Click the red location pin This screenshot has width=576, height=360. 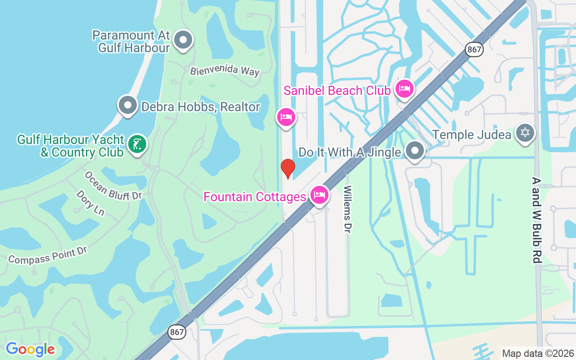pos(288,168)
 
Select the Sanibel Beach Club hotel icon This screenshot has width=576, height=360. pos(404,89)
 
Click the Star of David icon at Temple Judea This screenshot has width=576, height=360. pos(525,133)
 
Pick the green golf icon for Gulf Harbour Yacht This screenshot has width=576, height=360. pos(137,144)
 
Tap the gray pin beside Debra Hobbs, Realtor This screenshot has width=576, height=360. pos(128,105)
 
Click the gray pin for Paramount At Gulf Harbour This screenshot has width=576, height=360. pos(183,40)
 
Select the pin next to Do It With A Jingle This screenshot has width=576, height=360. pos(414,151)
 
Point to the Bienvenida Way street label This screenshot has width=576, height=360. pos(225,71)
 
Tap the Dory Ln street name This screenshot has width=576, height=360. pos(90,202)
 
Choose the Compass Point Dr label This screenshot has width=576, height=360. pos(47,255)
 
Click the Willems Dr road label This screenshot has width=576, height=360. pos(347,209)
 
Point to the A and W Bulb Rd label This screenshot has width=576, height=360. pos(535,220)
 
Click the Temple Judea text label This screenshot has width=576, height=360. pos(471,135)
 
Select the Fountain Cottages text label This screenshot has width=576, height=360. pos(255,197)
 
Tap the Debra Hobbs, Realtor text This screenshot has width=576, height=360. pos(201,107)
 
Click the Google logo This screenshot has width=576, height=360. pos(30,349)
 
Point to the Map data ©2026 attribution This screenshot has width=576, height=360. pos(538,353)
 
